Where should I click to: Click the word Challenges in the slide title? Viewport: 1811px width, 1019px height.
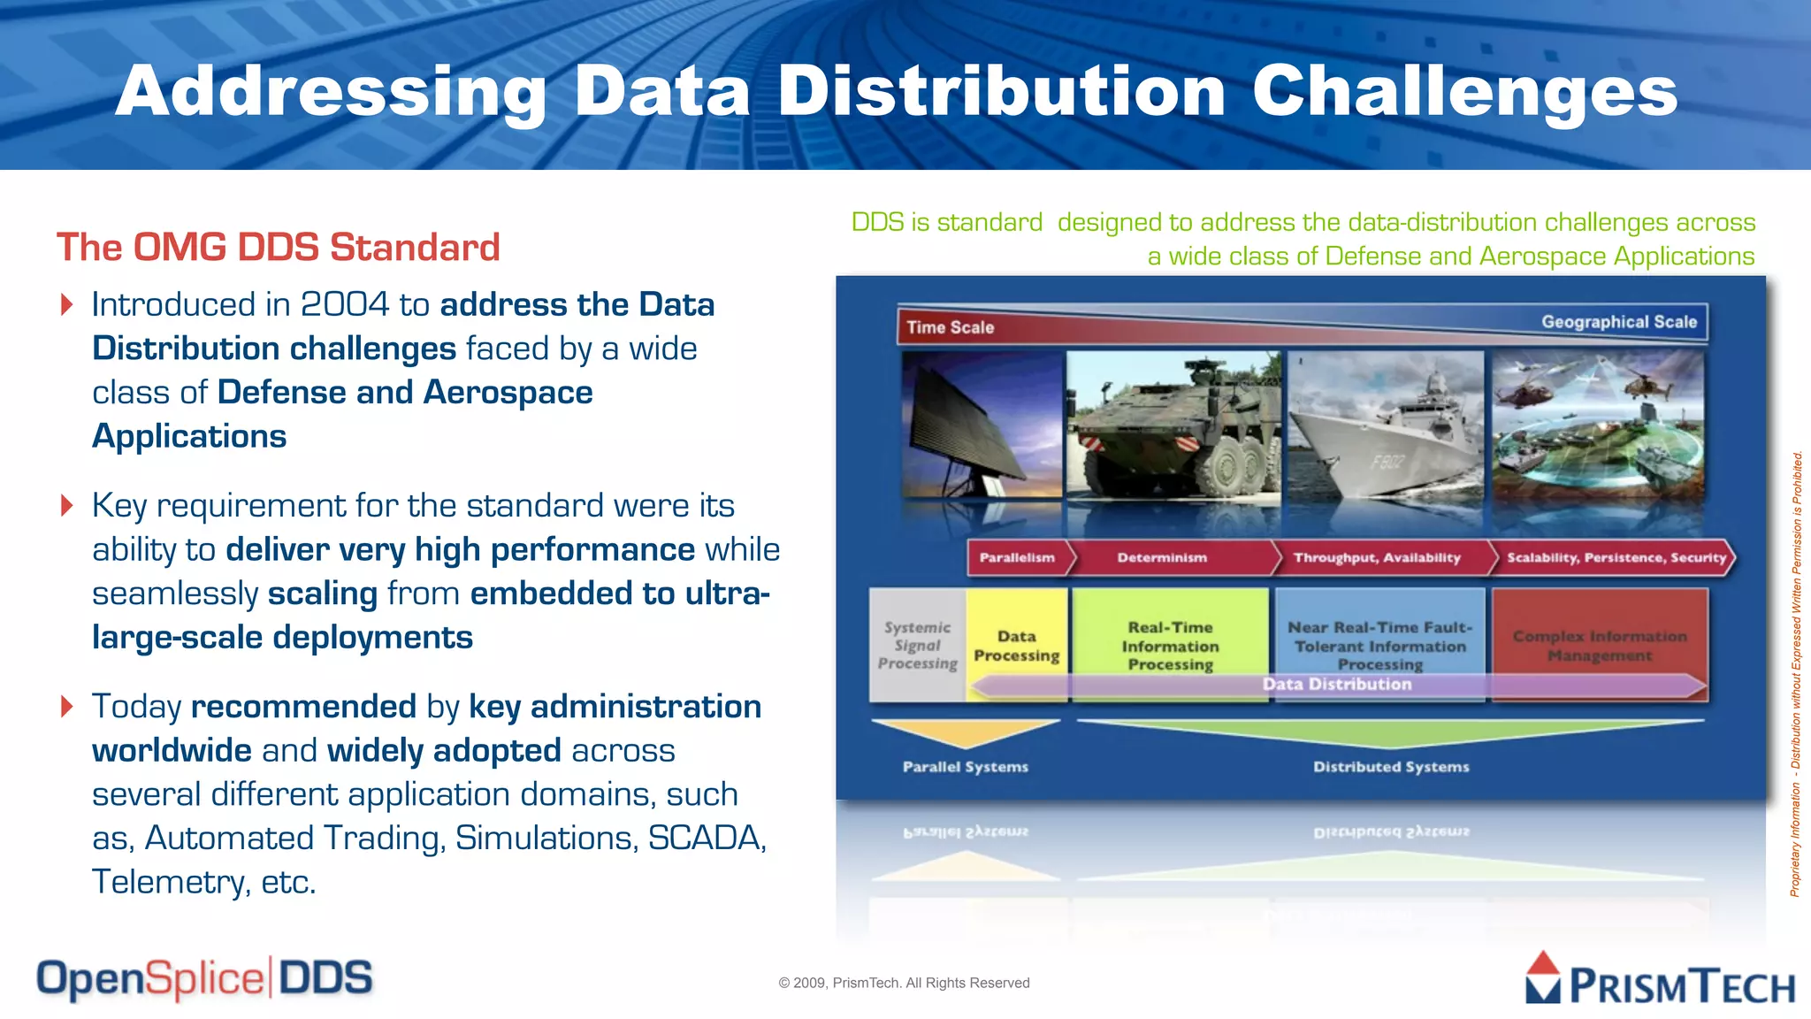click(x=1464, y=92)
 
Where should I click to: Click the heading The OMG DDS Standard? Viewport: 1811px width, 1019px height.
click(x=279, y=248)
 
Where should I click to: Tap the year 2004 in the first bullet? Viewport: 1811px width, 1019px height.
click(x=345, y=305)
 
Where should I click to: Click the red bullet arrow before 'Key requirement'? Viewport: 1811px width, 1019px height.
click(x=67, y=506)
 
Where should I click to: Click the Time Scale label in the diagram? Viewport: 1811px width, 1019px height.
click(x=950, y=327)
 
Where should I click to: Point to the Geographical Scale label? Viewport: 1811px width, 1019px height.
click(x=1618, y=322)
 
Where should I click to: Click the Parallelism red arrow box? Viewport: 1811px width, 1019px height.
click(x=1018, y=558)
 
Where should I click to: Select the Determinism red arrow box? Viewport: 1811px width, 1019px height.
click(x=1162, y=558)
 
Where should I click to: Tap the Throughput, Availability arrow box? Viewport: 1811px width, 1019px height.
click(x=1377, y=558)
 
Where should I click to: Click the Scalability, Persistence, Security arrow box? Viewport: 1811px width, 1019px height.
click(x=1616, y=558)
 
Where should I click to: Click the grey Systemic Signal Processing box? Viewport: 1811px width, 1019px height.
click(x=917, y=645)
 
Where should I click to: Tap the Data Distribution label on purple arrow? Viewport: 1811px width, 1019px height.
click(x=1336, y=685)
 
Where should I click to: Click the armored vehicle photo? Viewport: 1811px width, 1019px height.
click(x=1173, y=429)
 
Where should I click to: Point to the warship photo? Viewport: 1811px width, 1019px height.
click(x=1386, y=429)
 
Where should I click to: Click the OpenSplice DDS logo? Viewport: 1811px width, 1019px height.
click(x=204, y=979)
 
